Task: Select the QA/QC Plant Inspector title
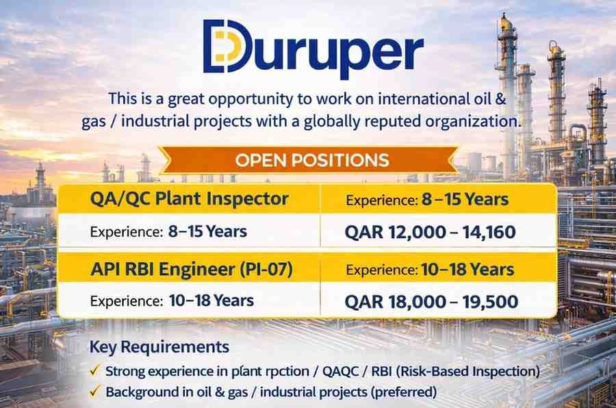(190, 199)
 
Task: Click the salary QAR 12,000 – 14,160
(431, 232)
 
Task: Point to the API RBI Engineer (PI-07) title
(192, 269)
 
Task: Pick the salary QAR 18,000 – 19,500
(431, 301)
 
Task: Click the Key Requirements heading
(159, 346)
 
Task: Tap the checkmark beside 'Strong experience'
(94, 370)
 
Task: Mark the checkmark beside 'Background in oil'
(94, 391)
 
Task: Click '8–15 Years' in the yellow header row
(465, 199)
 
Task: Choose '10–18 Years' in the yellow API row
(467, 269)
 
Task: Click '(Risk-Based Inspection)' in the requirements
(467, 371)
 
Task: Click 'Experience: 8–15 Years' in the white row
(168, 231)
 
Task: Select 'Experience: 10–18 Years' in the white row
(172, 301)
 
